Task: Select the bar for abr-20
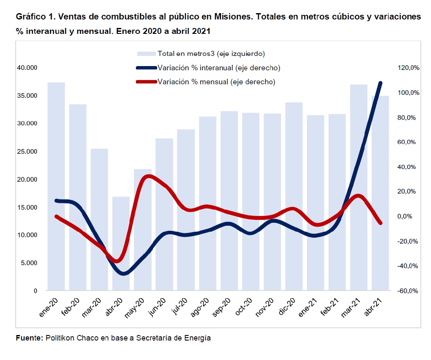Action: click(121, 244)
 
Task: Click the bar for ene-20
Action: click(56, 186)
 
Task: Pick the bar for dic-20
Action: click(294, 197)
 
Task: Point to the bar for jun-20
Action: click(164, 214)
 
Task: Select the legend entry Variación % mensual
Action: click(216, 82)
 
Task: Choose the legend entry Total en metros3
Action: click(211, 54)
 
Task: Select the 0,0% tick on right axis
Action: click(410, 216)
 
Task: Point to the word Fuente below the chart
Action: click(29, 338)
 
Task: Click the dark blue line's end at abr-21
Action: click(380, 83)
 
